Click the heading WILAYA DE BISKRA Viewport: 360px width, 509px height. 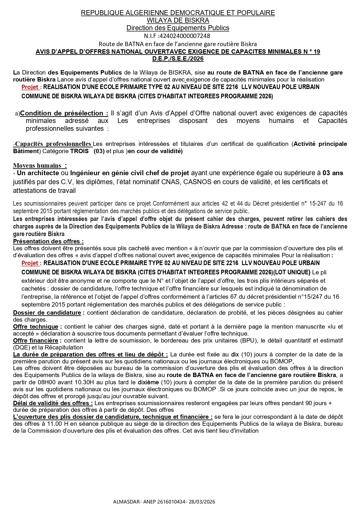click(178, 20)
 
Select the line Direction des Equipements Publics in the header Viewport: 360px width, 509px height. click(178, 28)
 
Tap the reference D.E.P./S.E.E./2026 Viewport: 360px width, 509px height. click(178, 59)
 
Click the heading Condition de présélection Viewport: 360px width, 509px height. click(64, 113)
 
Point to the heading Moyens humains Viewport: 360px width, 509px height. click(40, 166)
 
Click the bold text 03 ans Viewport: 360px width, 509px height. click(333, 173)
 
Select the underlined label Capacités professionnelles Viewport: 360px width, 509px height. click(53, 144)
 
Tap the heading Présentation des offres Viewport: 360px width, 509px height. click(48, 241)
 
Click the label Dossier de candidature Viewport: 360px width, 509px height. click(47, 313)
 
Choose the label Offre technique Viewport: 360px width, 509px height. click(35, 327)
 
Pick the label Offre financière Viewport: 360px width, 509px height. click(35, 340)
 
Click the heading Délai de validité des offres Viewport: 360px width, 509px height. click(53, 403)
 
